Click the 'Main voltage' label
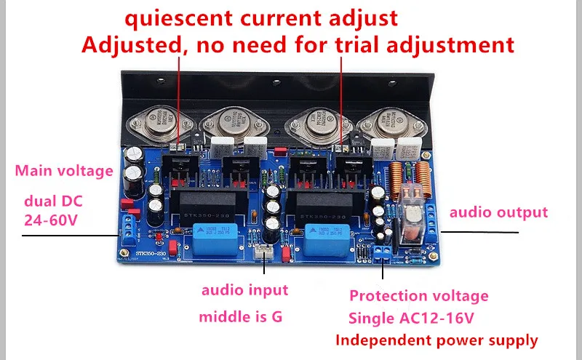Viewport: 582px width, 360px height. coord(64,171)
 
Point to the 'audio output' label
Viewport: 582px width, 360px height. coord(498,212)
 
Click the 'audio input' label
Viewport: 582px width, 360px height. coord(244,289)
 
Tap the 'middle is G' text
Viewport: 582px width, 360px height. coord(242,317)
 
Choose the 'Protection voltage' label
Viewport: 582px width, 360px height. coord(419,296)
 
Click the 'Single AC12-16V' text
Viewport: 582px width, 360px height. coord(418,318)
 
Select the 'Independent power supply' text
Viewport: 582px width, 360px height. coord(436,340)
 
